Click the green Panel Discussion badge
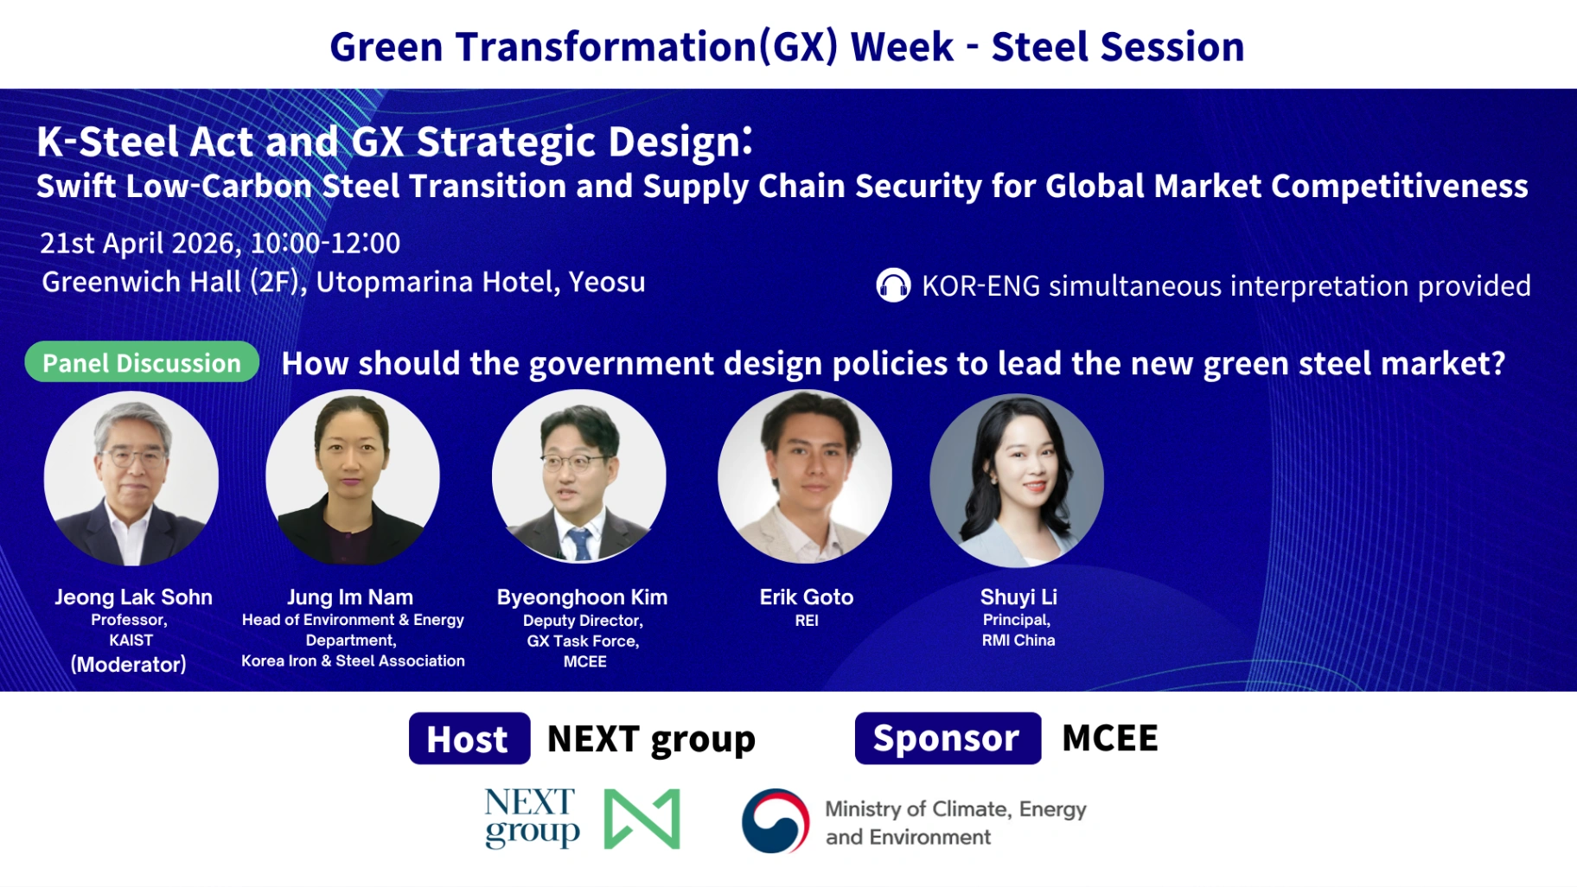142,362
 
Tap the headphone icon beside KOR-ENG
893,285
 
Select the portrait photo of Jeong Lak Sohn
131,478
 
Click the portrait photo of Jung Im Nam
353,477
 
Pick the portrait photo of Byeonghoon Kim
579,476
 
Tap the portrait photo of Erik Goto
805,476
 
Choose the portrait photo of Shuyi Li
1017,481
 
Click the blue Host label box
469,738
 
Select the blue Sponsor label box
948,738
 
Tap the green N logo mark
642,819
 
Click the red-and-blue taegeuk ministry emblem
776,820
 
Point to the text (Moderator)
129,664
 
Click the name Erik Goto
807,597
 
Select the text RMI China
1018,641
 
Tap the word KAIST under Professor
131,641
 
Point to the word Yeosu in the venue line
607,282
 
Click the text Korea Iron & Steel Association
353,661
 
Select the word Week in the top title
902,47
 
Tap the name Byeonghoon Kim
582,597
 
